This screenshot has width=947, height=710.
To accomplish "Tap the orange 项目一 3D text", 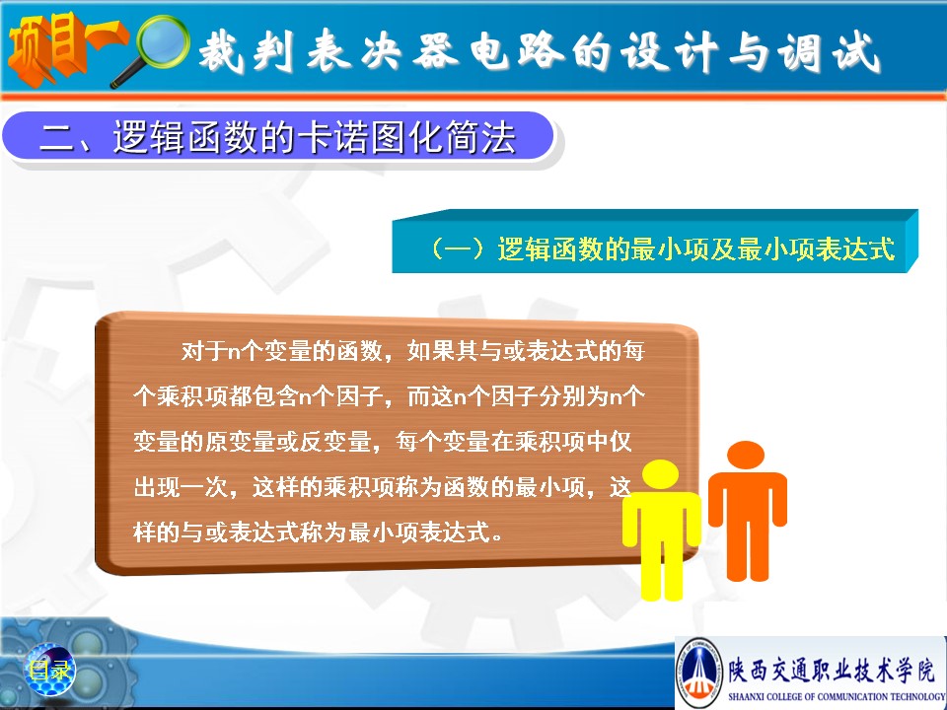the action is coord(65,48).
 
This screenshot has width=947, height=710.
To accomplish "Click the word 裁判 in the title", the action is coord(247,51).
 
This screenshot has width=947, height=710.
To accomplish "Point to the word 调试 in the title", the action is coord(829,52).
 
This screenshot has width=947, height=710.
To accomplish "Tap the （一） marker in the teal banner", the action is coord(459,248).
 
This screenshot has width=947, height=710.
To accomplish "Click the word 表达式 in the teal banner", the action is coord(855,248).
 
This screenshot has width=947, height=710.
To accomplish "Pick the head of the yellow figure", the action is coord(661,474).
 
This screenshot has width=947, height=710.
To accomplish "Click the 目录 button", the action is coord(49,669).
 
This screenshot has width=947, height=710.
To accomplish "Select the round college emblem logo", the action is coord(699,671).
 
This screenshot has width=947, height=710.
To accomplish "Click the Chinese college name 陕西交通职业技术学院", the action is coord(832,670).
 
